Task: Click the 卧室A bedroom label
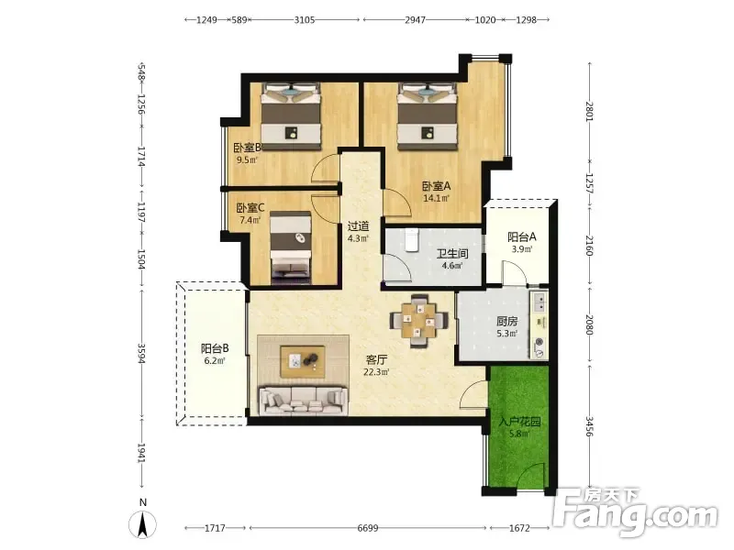(x=437, y=186)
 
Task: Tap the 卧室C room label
(x=250, y=208)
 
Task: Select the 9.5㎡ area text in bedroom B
(x=247, y=159)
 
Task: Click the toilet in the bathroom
(x=411, y=240)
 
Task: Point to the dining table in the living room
(x=419, y=321)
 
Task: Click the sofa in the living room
(x=304, y=401)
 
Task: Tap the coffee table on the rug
(x=303, y=360)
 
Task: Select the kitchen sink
(x=539, y=302)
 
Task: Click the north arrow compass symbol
(x=143, y=523)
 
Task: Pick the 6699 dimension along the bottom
(x=368, y=528)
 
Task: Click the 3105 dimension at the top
(x=305, y=19)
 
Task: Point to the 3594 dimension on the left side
(x=142, y=354)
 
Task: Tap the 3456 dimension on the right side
(x=589, y=426)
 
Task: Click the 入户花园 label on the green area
(x=519, y=422)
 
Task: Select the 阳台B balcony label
(x=215, y=348)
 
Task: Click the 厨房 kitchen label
(x=507, y=322)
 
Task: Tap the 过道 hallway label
(x=358, y=226)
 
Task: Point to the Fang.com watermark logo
(x=635, y=513)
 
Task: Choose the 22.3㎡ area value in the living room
(x=376, y=372)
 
